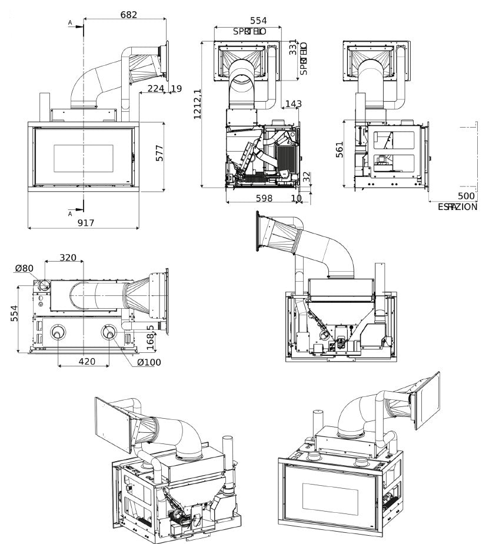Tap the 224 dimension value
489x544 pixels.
[155, 89]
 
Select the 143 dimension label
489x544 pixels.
[292, 104]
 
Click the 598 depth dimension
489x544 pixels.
[264, 198]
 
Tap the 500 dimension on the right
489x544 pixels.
[465, 196]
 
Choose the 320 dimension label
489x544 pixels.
[68, 257]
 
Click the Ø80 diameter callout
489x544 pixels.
[24, 269]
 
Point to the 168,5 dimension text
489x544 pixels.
[150, 335]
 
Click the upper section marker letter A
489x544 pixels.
[70, 22]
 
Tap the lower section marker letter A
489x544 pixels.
[70, 213]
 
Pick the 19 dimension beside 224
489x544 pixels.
[177, 89]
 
